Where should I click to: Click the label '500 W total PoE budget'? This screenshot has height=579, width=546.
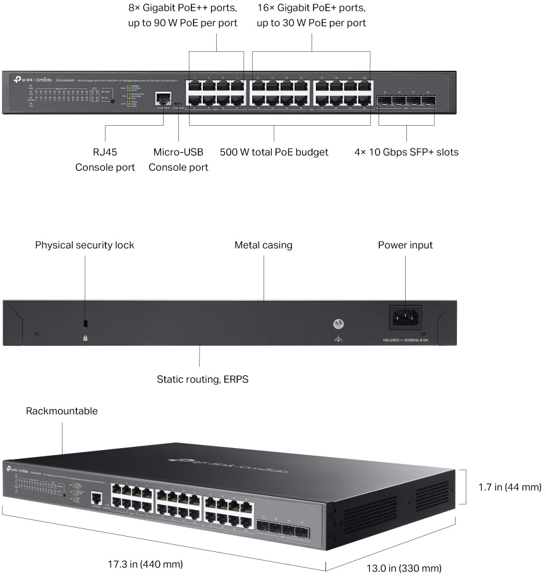click(274, 152)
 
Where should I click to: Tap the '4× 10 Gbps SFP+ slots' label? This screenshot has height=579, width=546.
click(406, 152)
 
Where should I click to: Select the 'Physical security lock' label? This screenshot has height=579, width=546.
click(85, 245)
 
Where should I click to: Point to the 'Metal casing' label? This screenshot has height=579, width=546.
click(264, 245)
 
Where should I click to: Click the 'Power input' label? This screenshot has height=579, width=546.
click(405, 245)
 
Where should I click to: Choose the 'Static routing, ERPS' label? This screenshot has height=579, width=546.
click(200, 380)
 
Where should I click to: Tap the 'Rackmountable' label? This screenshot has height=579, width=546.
click(62, 411)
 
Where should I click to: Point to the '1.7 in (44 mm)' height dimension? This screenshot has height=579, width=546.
click(509, 487)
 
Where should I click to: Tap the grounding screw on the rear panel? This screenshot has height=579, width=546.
click(339, 324)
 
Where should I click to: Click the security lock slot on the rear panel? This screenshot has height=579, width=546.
click(86, 324)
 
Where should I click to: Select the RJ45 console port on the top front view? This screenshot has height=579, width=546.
click(164, 99)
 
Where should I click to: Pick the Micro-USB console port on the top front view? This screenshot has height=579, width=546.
click(178, 102)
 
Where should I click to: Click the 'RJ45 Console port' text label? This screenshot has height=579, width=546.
click(105, 160)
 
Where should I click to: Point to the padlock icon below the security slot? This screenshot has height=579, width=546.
click(86, 339)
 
